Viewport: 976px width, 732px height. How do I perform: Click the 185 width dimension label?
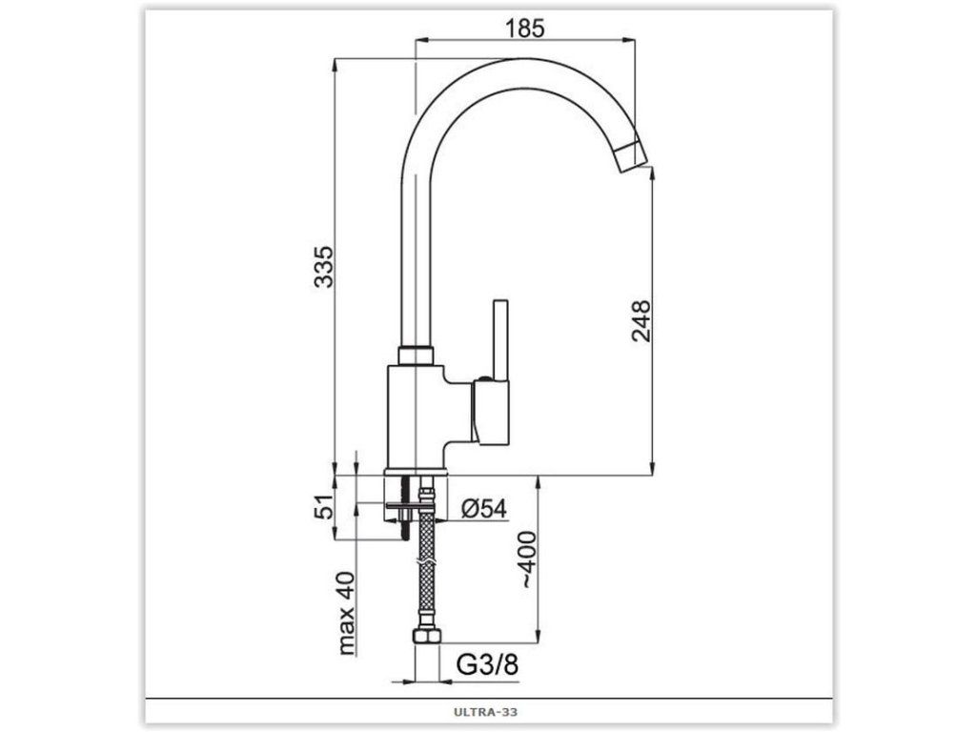525,28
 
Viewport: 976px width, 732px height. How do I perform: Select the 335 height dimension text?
324,267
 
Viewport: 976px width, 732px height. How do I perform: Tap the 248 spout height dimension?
640,321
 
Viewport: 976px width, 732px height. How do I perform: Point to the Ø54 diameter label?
484,509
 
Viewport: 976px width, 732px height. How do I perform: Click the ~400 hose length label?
528,559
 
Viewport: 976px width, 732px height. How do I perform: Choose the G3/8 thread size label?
487,664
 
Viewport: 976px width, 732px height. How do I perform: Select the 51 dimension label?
324,507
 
